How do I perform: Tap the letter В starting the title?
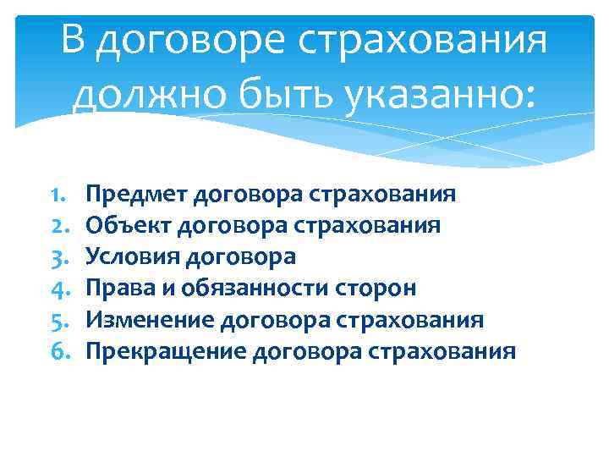[75, 41]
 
